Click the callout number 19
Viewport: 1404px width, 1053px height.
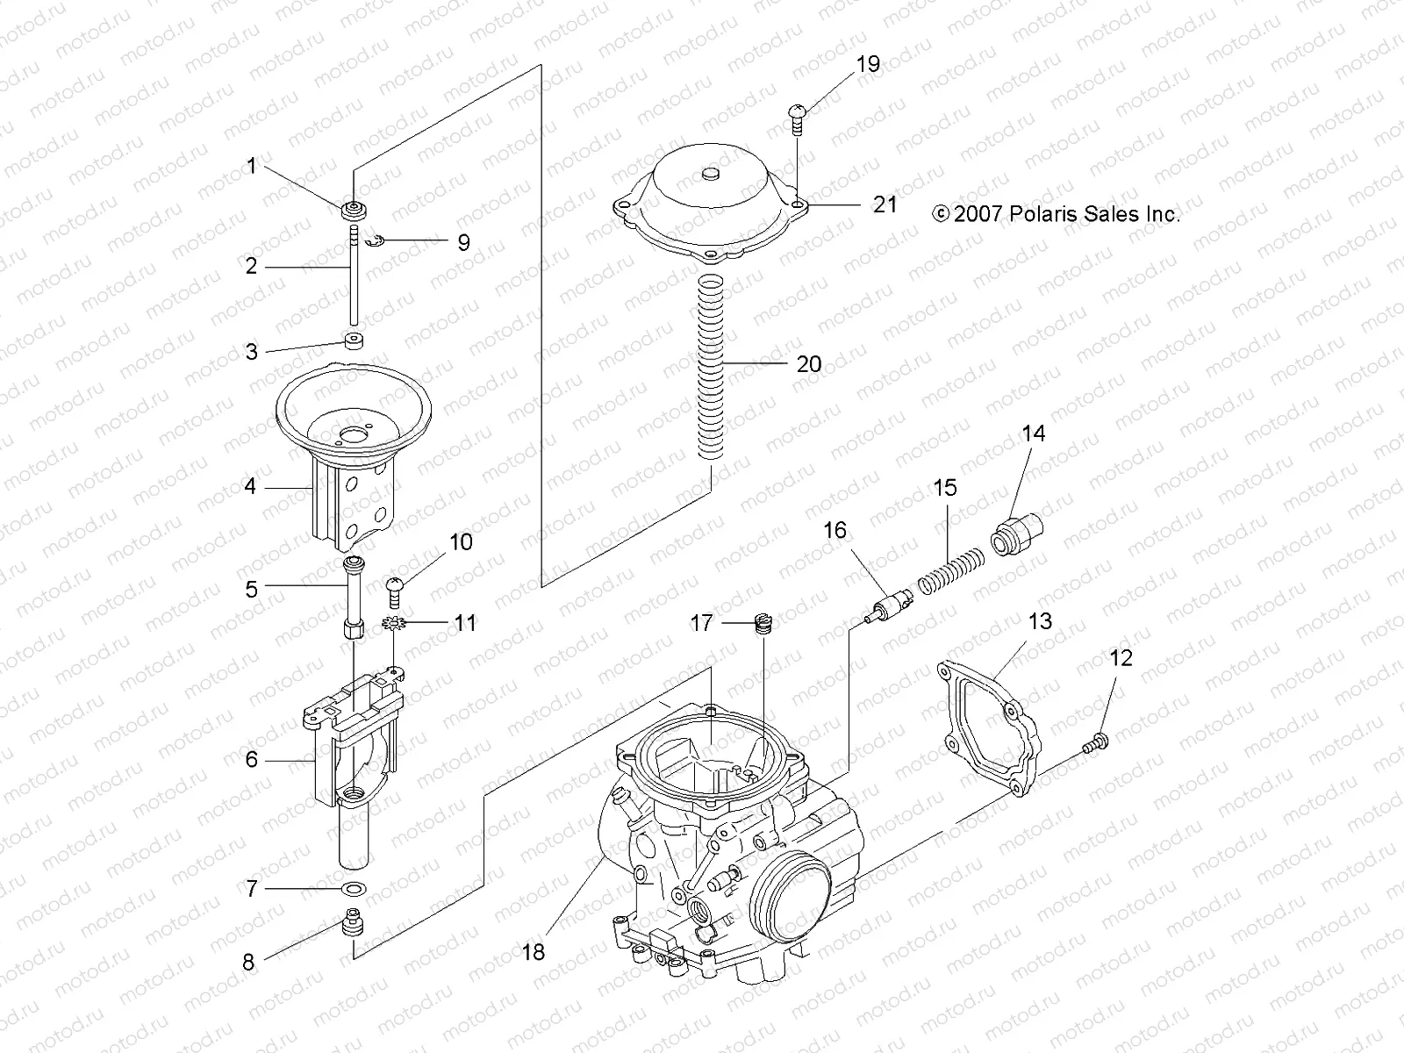pyautogui.click(x=868, y=64)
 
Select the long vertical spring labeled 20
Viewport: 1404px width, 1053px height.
pyautogui.click(x=713, y=364)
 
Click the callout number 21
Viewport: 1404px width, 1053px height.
pyautogui.click(x=885, y=204)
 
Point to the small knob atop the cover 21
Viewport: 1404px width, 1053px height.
pyautogui.click(x=712, y=175)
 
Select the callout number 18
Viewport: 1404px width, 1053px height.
pyautogui.click(x=534, y=952)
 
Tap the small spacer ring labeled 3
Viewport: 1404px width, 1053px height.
pyautogui.click(x=355, y=340)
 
